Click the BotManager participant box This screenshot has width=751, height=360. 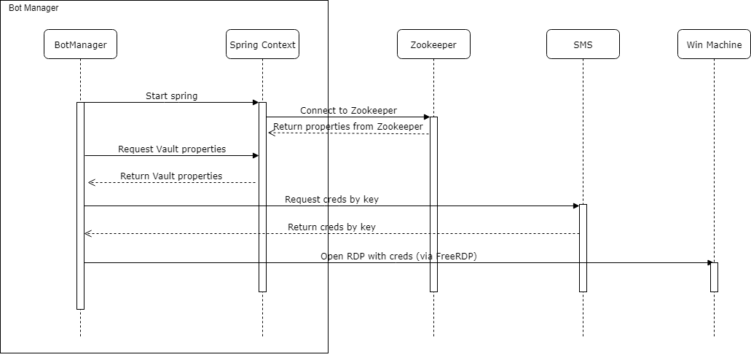[80, 44]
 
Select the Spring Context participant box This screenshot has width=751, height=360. [262, 44]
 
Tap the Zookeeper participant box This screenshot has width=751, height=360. [433, 44]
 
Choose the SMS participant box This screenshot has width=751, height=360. [583, 44]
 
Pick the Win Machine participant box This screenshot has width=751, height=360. [714, 44]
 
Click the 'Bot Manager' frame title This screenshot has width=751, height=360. [34, 8]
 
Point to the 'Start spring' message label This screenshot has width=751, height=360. [171, 96]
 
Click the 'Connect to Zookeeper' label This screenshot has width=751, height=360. [349, 110]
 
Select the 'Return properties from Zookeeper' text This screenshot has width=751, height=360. [348, 127]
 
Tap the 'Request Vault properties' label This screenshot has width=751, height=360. [172, 149]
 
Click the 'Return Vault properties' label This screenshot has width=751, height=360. [171, 176]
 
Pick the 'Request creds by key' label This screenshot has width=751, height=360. [331, 199]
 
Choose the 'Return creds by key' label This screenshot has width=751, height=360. [331, 227]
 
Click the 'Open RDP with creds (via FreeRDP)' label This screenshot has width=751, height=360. [399, 256]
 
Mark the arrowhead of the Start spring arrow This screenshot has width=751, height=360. [256, 102]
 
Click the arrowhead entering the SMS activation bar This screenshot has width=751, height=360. [576, 206]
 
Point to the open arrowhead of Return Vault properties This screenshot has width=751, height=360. [92, 183]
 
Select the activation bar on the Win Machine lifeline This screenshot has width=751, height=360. [714, 277]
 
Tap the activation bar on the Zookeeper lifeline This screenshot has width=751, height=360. [433, 204]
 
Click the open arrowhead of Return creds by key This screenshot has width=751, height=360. [87, 233]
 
